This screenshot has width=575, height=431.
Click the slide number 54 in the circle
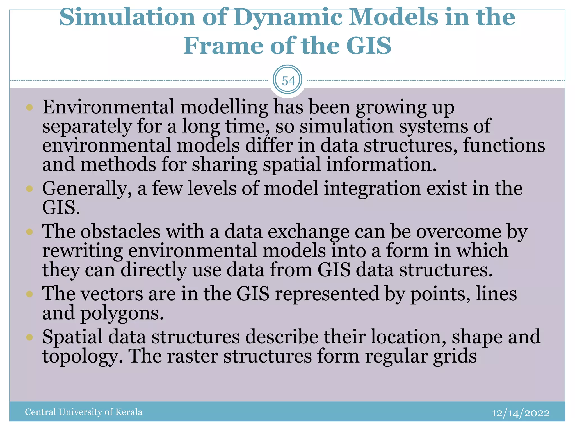(288, 81)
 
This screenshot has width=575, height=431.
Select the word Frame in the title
(223, 46)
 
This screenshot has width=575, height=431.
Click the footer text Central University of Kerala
(83, 412)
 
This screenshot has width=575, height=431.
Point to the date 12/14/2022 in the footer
(521, 413)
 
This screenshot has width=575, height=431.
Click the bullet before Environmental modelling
(29, 107)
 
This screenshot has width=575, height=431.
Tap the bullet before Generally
(29, 189)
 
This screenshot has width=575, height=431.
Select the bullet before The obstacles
(29, 232)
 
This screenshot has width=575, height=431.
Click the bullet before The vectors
(29, 294)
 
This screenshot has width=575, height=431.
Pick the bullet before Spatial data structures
(29, 337)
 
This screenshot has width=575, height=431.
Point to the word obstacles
(120, 232)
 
